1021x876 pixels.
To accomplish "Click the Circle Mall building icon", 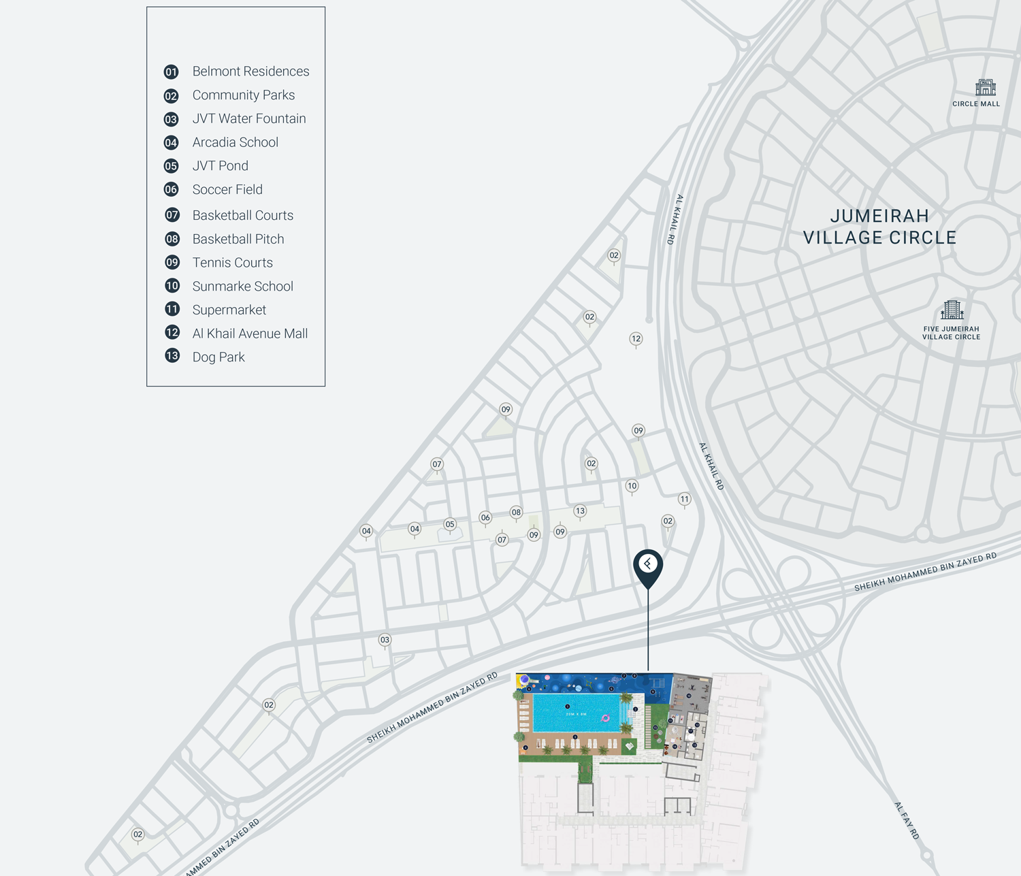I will (985, 87).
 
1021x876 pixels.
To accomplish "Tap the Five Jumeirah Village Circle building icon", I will (952, 310).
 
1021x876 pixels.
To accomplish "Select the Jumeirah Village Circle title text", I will (879, 227).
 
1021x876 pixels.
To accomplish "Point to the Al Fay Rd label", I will (907, 820).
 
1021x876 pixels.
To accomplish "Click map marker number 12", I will (636, 338).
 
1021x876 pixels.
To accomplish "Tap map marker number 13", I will (580, 510).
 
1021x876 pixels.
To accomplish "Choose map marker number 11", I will (685, 499).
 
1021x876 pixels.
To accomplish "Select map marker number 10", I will (632, 486).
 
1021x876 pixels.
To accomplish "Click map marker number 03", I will (385, 640).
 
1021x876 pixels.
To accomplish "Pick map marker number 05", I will (450, 524).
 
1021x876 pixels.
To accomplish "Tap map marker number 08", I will (517, 513).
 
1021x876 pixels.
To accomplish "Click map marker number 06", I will (485, 518).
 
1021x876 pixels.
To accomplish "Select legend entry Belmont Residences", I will (250, 71).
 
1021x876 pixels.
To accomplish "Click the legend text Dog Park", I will (218, 357).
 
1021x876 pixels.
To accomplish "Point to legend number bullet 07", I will (172, 215).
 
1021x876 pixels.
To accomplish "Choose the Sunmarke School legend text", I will (242, 287).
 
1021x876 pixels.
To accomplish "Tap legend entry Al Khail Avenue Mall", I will (250, 334).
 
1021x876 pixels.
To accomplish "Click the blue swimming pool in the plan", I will (576, 713).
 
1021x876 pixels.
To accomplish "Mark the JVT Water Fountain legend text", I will (249, 118).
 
